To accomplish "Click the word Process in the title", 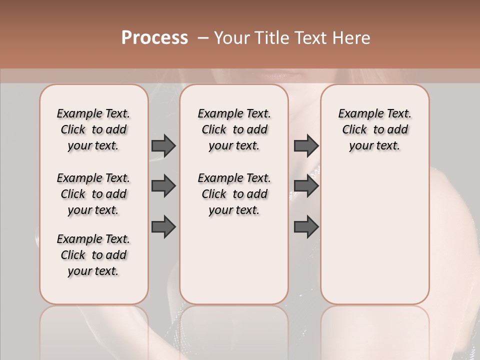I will coord(154,38).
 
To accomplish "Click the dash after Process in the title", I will coord(202,38).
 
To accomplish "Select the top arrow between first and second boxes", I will coord(163,145).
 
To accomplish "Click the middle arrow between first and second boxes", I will coord(163,186).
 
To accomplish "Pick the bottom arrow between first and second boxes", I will coord(163,226).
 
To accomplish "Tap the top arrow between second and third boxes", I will coord(306,145).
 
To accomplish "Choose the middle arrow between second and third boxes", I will coord(306,186).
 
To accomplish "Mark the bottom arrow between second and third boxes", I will coord(306,226).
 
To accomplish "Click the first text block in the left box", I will coord(93,129).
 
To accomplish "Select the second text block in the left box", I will coord(93,194).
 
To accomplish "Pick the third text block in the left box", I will coord(93,255).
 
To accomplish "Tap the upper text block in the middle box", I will coord(234,129).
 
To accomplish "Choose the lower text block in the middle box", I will coord(234,194).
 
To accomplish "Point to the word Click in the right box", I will coord(354,130).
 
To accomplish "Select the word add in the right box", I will coord(398,130).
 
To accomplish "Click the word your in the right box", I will coord(361,146).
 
